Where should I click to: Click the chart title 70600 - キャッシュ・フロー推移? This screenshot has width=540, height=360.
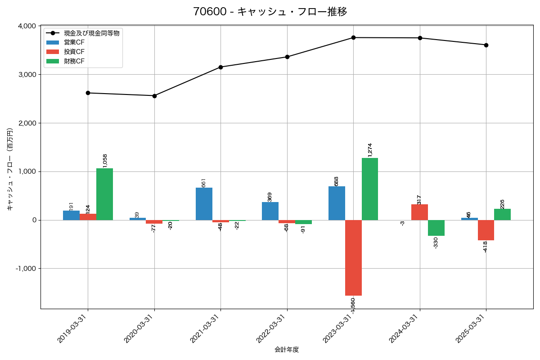coord(270,12)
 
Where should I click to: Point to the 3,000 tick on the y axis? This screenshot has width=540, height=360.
coord(27,75)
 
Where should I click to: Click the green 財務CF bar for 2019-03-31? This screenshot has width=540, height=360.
coord(104,194)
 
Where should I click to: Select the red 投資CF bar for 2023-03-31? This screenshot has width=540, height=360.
coord(353,257)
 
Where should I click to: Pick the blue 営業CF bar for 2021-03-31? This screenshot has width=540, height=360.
coord(204,204)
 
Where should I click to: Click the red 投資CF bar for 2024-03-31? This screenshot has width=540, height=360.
coord(419,212)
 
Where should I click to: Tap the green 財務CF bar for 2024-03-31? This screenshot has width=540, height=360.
coord(436,228)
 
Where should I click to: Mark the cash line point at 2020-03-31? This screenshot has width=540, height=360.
coord(154,96)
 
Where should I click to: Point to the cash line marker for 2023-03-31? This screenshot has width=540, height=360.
coord(353,38)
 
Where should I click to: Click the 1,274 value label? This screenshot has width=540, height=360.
coord(370,150)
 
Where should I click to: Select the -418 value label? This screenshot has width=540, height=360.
coord(485,247)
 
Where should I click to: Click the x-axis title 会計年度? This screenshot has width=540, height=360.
coord(287,350)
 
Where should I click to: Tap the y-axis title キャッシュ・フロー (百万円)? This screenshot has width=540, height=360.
coord(10,169)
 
